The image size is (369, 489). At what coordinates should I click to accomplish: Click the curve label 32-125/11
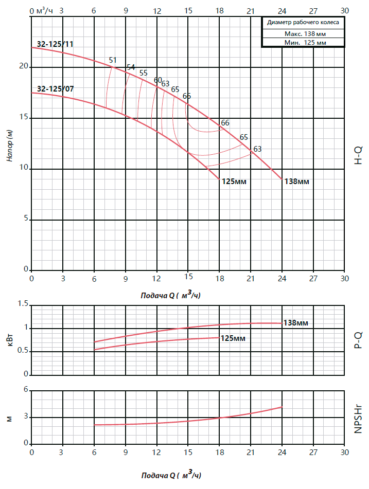[x=55, y=44]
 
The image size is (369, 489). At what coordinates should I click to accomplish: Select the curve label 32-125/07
[x=55, y=88]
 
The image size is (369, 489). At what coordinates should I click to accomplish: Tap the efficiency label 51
[x=113, y=60]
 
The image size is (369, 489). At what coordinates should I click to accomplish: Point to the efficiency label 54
[x=131, y=67]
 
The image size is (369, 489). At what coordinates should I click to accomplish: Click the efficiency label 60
[x=158, y=80]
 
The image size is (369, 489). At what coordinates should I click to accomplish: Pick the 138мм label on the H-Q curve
[x=297, y=182]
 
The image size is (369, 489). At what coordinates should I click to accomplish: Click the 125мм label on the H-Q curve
[x=235, y=182]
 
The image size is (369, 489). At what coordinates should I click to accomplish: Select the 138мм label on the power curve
[x=296, y=323]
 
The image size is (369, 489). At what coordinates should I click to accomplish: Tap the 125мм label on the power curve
[x=233, y=338]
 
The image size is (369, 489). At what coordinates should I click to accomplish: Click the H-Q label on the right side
[x=358, y=154]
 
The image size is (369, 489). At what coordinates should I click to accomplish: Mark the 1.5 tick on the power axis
[x=22, y=304]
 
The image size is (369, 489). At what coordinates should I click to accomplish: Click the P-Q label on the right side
[x=358, y=340]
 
